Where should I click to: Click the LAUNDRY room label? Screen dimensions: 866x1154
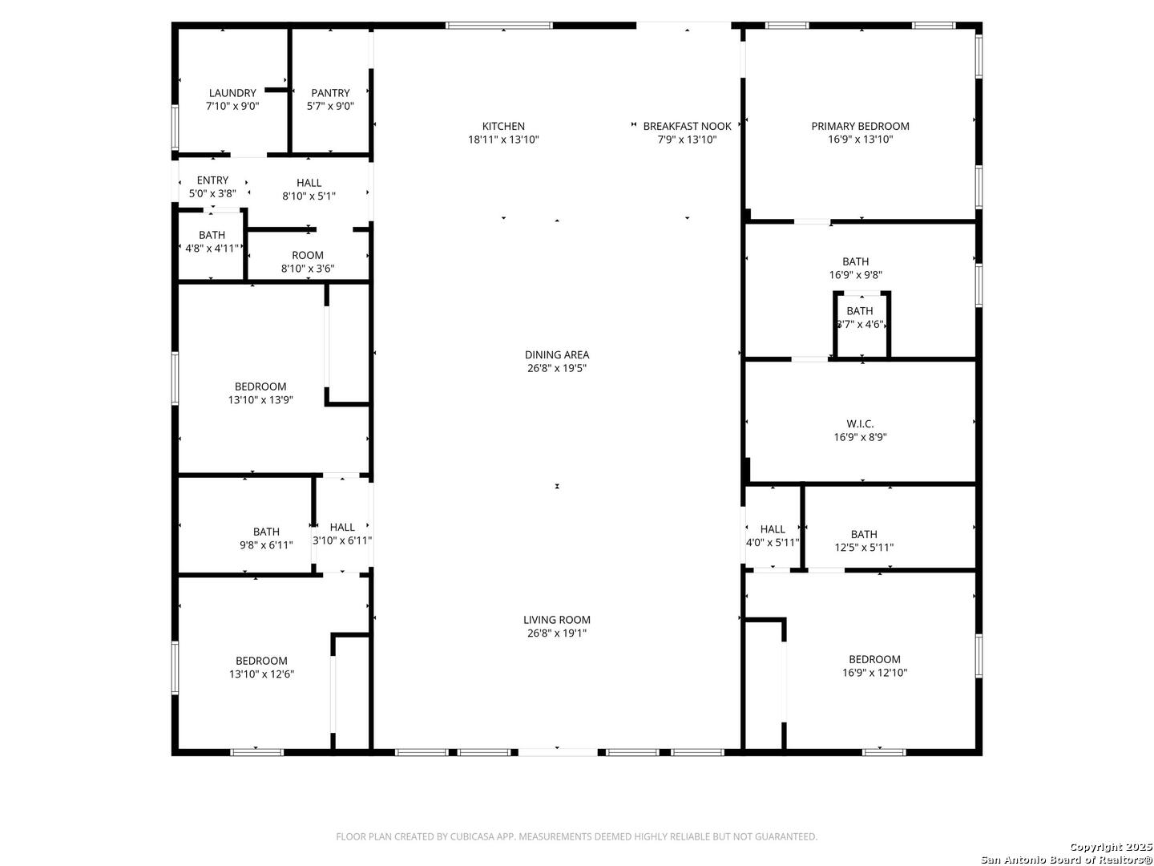232,93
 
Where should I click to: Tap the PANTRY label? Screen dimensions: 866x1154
330,93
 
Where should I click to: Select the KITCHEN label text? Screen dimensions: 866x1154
503,126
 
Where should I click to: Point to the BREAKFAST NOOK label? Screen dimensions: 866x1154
687,126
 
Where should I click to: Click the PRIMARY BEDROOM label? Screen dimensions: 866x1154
860,126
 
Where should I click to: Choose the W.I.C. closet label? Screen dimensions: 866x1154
860,423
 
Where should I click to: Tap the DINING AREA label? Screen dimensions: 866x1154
557,354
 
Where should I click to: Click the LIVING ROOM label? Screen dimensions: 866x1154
557,620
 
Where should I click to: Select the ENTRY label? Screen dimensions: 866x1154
212,180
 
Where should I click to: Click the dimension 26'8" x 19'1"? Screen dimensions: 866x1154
557,633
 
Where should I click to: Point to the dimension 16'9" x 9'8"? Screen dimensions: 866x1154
856,275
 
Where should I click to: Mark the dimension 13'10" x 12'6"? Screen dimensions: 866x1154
261,674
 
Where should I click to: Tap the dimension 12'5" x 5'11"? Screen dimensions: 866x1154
864,548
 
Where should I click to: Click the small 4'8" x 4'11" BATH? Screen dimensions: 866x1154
212,241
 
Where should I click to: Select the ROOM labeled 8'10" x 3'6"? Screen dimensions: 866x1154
308,262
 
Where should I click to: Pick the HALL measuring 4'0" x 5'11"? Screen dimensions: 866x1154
773,536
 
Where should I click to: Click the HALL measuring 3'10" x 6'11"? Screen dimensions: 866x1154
342,534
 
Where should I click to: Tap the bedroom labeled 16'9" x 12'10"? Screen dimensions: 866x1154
874,666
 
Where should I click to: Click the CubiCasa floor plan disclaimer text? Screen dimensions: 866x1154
576,836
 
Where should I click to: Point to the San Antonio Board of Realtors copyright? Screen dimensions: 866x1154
1066,859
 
